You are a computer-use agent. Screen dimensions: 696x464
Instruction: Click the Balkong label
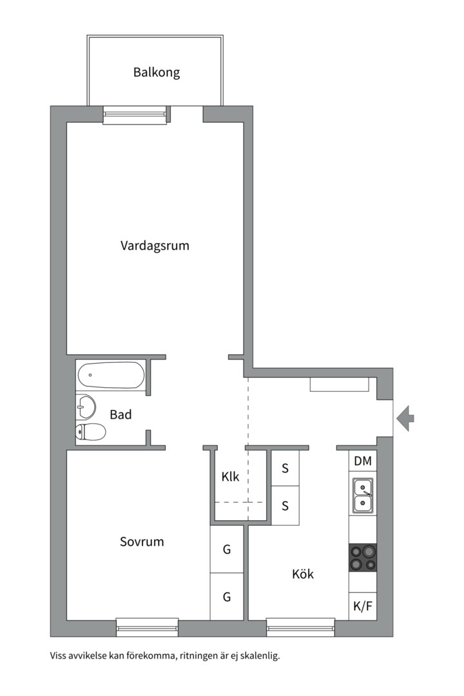(157, 72)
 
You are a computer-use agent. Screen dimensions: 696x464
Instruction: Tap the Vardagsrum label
(155, 246)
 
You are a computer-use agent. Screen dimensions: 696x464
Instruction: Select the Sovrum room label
(142, 541)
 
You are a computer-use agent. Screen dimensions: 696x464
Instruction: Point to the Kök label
(303, 574)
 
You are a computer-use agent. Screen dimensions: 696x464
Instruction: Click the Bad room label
(121, 414)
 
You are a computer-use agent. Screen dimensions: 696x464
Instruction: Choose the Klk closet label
(230, 477)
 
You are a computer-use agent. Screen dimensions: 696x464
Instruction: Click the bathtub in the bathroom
(111, 375)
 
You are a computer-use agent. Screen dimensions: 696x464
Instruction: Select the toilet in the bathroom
(90, 432)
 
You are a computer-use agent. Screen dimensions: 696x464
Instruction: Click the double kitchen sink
(363, 496)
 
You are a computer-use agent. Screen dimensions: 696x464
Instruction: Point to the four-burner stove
(363, 557)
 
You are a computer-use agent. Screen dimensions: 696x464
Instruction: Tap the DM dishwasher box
(363, 461)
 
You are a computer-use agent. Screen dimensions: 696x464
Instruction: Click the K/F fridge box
(363, 606)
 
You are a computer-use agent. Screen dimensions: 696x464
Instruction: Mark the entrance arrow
(405, 418)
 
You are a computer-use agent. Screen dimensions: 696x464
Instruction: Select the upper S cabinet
(285, 468)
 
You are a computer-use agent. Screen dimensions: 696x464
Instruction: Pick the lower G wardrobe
(227, 597)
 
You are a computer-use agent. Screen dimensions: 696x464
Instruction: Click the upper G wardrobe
(227, 550)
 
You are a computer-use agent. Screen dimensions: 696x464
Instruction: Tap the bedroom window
(147, 623)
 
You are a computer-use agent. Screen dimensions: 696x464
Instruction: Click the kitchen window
(300, 623)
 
